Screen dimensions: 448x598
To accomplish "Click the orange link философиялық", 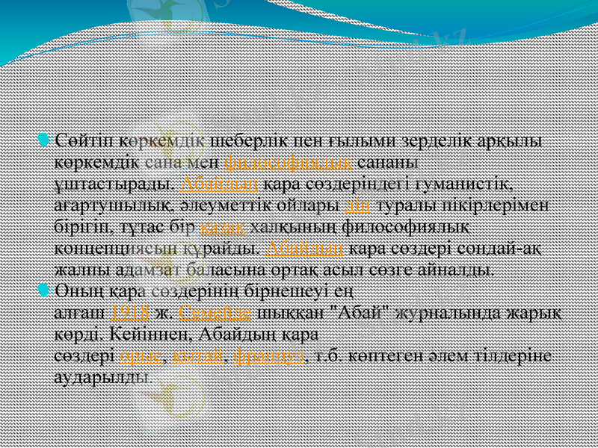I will point(289,162).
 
